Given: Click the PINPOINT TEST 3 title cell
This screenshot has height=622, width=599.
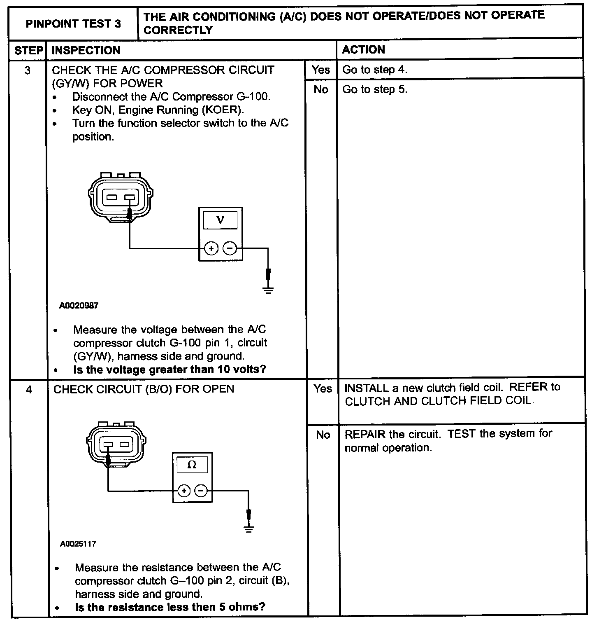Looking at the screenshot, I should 73,23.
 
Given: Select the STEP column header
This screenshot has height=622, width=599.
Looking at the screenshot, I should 28,50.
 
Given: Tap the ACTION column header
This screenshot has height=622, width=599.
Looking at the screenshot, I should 363,50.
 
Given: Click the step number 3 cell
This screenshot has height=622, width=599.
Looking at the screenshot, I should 27,70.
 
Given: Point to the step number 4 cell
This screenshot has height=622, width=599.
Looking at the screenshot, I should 28,389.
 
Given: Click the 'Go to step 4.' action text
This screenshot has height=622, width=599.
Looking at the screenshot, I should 374,70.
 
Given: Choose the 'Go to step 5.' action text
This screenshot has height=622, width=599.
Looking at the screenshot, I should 374,89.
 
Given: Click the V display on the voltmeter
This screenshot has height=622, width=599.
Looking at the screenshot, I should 220,220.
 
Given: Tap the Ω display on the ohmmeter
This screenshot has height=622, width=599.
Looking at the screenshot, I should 192,465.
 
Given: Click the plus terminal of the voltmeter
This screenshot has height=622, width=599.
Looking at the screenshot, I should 211,248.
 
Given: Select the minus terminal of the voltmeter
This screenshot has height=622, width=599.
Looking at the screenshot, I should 230,248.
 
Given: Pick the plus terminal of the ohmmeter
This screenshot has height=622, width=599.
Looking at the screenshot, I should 183,491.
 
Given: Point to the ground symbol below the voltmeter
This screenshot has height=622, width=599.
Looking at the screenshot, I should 268,290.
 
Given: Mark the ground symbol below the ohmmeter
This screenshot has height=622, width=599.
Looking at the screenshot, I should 248,528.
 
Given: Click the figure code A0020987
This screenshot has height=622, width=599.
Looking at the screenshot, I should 79,306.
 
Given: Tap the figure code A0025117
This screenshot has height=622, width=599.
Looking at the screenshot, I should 78,544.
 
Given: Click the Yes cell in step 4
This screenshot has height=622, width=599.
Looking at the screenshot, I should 323,388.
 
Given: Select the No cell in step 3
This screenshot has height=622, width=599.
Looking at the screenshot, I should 321,89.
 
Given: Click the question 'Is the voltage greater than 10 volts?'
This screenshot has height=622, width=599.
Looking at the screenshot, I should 169,369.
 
